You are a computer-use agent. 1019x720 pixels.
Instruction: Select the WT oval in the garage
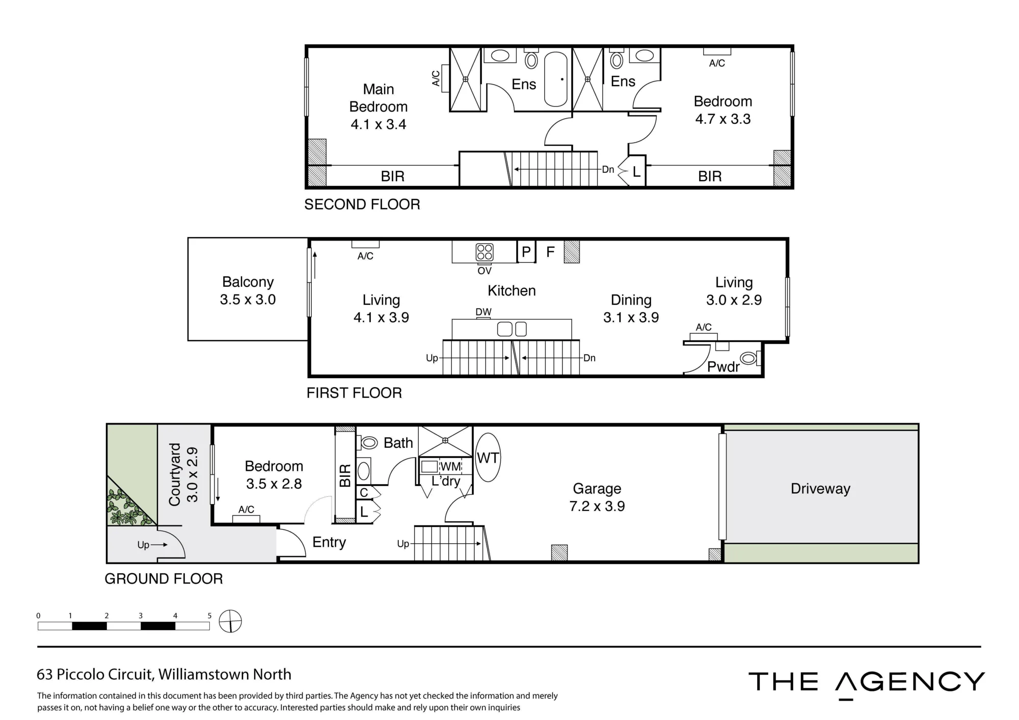coord(488,458)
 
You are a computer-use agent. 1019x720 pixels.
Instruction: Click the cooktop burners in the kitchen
coord(485,252)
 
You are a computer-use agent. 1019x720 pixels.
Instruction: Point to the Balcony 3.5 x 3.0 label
coord(248,290)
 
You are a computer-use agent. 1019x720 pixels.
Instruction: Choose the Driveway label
coord(820,489)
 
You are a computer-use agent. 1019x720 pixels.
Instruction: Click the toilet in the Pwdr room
coord(748,359)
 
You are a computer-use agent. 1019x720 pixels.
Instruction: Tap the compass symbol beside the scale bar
coord(230,621)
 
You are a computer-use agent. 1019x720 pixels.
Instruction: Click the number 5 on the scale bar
coord(209,616)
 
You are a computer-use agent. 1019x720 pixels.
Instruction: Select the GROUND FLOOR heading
coord(164,579)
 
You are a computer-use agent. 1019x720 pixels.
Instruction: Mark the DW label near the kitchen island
coord(484,312)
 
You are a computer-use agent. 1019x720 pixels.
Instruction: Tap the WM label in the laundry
coord(450,467)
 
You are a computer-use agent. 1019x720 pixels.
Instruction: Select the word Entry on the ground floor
coord(329,542)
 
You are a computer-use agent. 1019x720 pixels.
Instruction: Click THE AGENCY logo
coord(866,683)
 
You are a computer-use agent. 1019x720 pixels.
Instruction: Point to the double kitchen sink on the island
coord(512,329)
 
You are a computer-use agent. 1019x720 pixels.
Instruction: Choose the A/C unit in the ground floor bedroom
coord(246,519)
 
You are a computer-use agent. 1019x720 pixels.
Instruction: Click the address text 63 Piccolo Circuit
coord(95,675)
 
